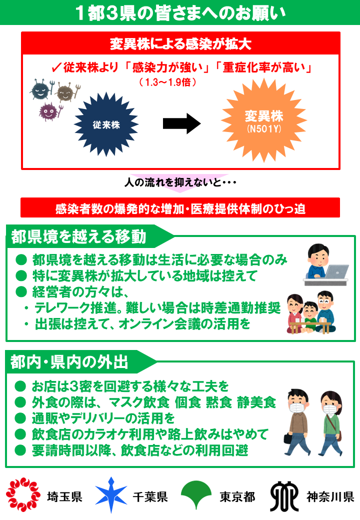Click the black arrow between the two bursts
(x=181, y=123)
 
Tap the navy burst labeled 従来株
(x=106, y=124)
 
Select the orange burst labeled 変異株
(x=264, y=120)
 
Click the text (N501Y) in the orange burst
(x=264, y=129)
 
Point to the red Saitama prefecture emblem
(x=23, y=494)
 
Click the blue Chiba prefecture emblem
(x=111, y=494)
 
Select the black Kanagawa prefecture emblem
(x=284, y=496)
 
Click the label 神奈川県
(x=330, y=497)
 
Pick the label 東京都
(x=237, y=497)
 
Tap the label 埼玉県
(x=64, y=497)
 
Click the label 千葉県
(x=150, y=497)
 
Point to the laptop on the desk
(x=336, y=272)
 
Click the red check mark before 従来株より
(x=56, y=67)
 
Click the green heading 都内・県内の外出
(x=69, y=362)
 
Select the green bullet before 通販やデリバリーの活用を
(x=20, y=418)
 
